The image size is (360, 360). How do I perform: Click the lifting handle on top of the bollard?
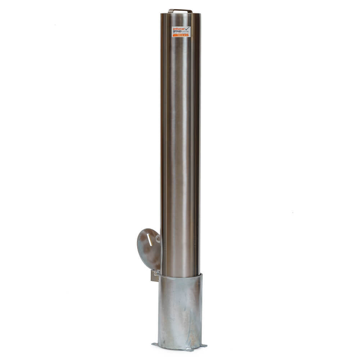coord(180,10)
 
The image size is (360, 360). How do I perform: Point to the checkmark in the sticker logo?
coord(187,28)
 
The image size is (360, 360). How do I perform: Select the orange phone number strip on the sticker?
coord(181,35)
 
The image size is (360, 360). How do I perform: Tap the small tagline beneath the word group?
coord(180,33)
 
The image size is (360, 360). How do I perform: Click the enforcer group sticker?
coord(181,31)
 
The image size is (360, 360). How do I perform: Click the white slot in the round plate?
coord(149,240)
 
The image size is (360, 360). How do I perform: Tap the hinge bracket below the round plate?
coord(155,276)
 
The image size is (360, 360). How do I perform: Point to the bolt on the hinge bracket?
coord(155,273)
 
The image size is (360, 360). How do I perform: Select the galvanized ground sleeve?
coord(180,311)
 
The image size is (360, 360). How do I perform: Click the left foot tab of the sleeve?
coord(155,344)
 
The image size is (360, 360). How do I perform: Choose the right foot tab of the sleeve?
coord(204,346)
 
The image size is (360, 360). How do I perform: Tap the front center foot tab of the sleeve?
coord(188,350)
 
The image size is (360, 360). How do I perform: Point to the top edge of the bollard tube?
coord(180,14)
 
